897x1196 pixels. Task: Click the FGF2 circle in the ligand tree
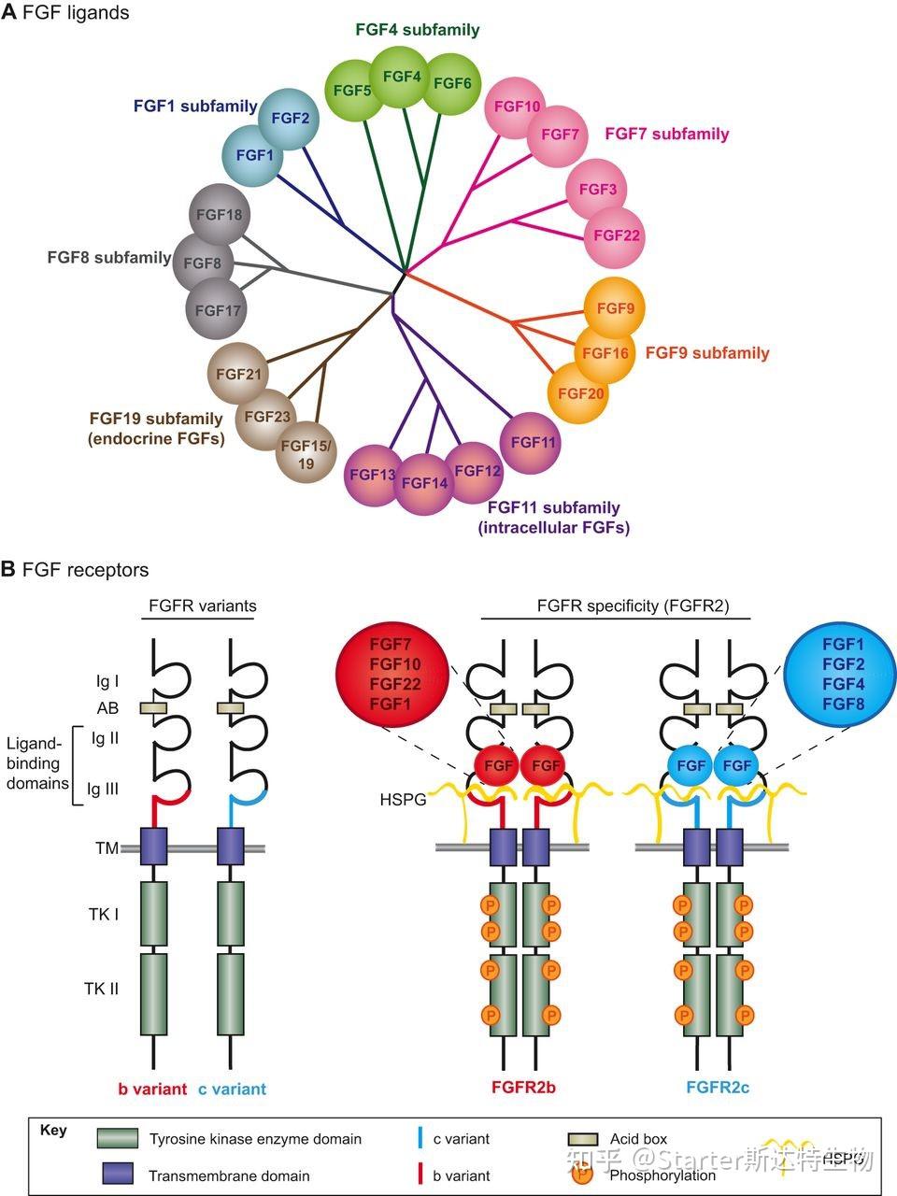(290, 118)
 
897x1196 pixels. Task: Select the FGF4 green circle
(402, 76)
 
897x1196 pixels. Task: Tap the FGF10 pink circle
(518, 107)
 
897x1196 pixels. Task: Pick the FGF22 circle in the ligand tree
(616, 235)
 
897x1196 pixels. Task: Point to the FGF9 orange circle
(615, 307)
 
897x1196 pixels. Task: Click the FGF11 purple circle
(534, 442)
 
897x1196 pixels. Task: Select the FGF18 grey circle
(220, 215)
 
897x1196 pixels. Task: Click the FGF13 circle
(373, 475)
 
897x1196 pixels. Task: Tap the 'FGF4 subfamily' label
(418, 30)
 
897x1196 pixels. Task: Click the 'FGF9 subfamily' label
(707, 353)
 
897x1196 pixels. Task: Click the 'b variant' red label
(152, 1089)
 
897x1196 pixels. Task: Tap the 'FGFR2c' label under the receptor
(717, 1088)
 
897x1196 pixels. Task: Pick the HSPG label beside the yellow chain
(403, 801)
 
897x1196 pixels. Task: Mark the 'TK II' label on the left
(101, 989)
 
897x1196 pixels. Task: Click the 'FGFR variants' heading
(202, 605)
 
